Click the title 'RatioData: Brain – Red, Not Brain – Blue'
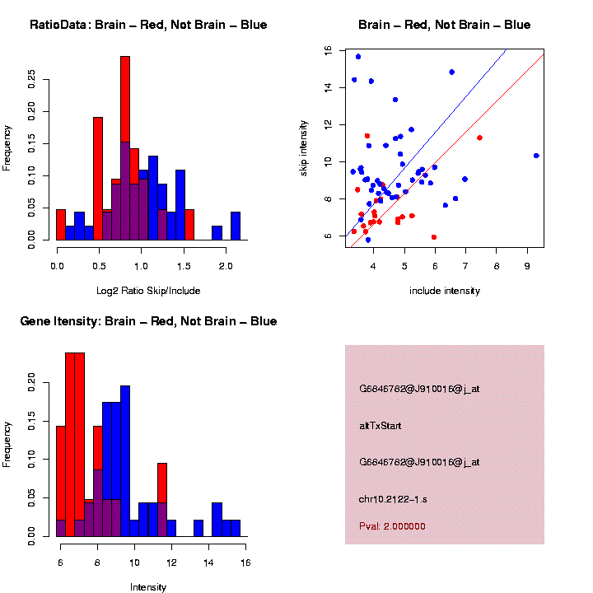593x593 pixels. tap(148, 25)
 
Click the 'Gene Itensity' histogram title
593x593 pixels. tap(148, 321)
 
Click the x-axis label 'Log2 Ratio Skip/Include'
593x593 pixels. tap(148, 290)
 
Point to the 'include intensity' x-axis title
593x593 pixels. tap(445, 291)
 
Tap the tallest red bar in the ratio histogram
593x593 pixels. tap(125, 148)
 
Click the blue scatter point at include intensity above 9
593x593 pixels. tap(536, 156)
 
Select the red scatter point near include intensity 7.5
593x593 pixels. tap(479, 138)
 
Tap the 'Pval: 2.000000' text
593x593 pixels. tap(392, 526)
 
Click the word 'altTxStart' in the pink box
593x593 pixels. tap(381, 426)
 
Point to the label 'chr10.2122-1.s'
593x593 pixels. tap(393, 498)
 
